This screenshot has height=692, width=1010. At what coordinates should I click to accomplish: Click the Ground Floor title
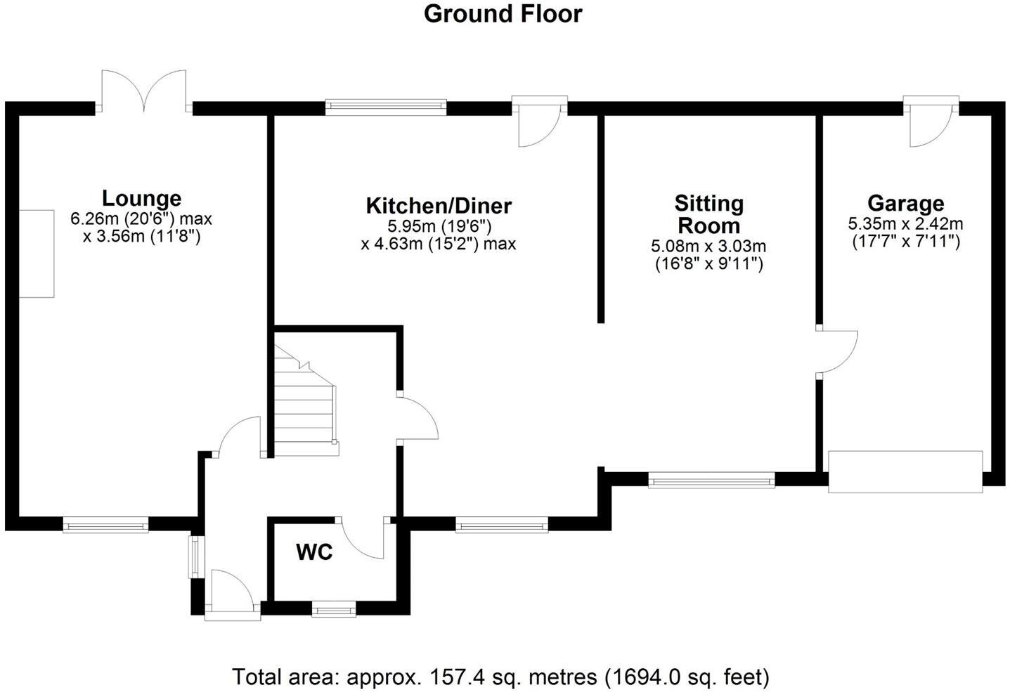(503, 14)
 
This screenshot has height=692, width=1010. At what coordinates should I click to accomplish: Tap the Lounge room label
(141, 198)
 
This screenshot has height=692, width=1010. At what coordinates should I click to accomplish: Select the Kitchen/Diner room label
(439, 206)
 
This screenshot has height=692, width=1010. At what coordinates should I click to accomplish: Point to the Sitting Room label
(708, 214)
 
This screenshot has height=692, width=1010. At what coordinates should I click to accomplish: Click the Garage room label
(905, 204)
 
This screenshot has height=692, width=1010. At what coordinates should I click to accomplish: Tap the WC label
(314, 552)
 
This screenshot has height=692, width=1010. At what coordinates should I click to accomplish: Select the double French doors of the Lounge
(144, 91)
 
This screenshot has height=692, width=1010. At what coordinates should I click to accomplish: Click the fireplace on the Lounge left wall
(37, 253)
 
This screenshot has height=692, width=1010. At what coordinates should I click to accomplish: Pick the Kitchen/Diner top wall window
(386, 107)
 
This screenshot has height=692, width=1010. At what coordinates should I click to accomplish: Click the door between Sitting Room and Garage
(836, 351)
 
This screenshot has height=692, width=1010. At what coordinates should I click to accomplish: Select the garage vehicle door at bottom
(905, 471)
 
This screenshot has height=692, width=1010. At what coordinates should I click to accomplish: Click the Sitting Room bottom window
(711, 481)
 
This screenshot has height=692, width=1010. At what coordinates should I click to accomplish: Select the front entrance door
(232, 596)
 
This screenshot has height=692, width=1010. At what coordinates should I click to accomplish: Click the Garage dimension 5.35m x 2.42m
(905, 225)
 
